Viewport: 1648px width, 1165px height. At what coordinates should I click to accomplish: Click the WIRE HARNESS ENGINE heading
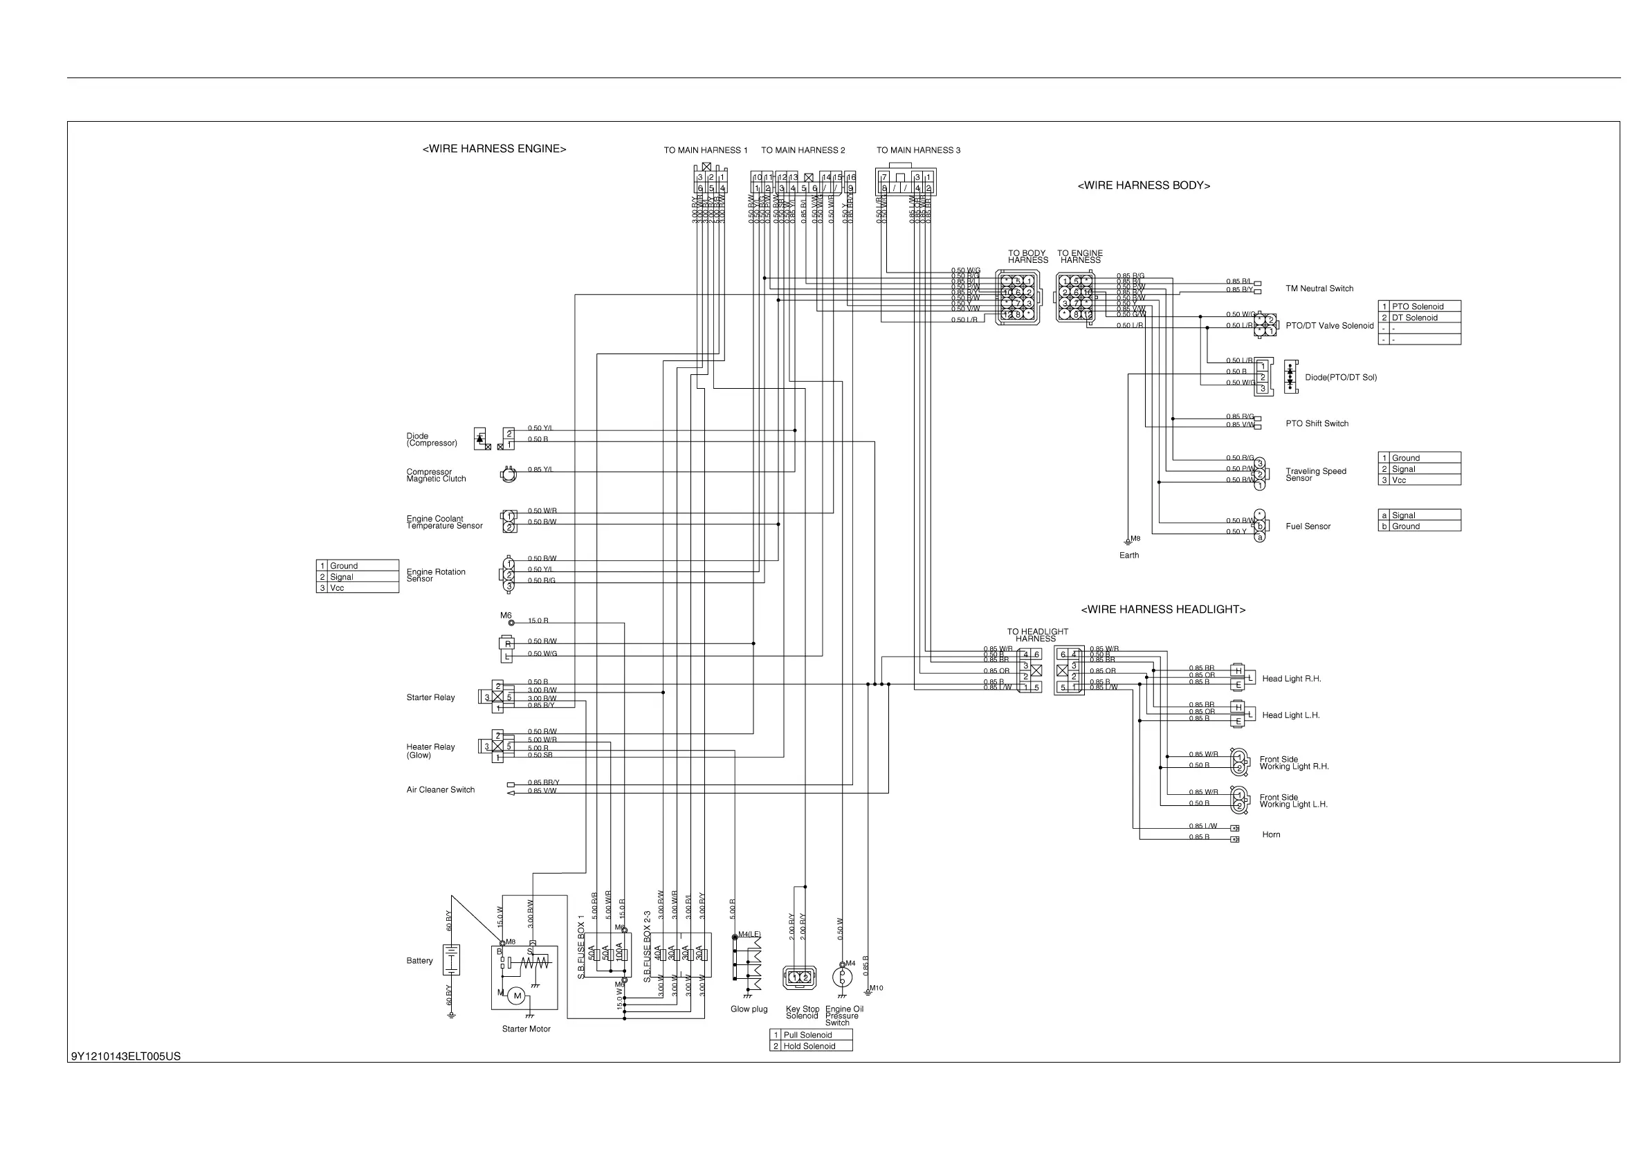point(494,149)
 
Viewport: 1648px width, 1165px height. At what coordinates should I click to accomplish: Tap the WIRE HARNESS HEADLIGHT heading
point(1163,609)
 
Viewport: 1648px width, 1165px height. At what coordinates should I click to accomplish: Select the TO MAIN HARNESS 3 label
point(918,150)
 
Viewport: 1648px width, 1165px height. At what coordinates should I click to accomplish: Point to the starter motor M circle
point(517,996)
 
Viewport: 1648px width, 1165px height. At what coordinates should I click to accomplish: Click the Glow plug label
point(749,1009)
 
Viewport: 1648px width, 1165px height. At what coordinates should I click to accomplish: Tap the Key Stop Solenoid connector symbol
point(800,977)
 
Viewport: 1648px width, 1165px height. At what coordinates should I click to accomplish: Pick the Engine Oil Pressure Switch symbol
point(843,977)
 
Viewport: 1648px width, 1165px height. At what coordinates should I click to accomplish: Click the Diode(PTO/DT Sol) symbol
point(1290,377)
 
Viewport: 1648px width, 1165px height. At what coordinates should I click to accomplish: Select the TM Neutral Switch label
point(1319,288)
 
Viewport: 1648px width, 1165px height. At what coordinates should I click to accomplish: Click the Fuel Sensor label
point(1308,526)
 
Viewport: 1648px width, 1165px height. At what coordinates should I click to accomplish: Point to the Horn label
point(1271,834)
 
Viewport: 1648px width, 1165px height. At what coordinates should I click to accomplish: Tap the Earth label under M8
point(1129,555)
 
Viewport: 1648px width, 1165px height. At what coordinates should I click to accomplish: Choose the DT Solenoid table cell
point(1414,318)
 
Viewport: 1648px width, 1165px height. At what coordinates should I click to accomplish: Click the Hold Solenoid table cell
point(809,1046)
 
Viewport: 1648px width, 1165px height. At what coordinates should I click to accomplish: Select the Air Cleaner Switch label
point(441,789)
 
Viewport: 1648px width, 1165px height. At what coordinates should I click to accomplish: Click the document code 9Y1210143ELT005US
point(126,1056)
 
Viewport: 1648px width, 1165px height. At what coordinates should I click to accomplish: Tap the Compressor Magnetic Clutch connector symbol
point(509,474)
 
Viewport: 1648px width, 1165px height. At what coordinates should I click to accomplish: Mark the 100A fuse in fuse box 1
point(620,953)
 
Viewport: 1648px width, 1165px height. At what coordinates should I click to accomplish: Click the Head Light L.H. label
point(1290,715)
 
